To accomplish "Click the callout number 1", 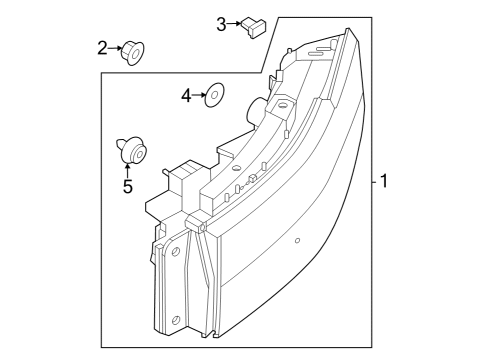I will click(x=383, y=182).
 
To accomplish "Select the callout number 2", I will click(x=102, y=46).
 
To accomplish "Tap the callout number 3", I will click(x=221, y=23).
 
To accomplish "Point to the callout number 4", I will click(x=186, y=96).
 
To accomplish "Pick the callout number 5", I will click(x=127, y=186).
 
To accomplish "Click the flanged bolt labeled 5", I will click(x=130, y=150).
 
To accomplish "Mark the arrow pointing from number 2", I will click(x=114, y=46).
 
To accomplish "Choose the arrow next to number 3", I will click(x=234, y=23).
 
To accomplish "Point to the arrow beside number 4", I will click(x=198, y=96).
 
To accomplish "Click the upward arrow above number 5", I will click(x=127, y=170).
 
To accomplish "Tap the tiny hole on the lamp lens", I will click(x=298, y=241).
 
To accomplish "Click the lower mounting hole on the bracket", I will click(x=177, y=320).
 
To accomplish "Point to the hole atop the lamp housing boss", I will click(x=284, y=105).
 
